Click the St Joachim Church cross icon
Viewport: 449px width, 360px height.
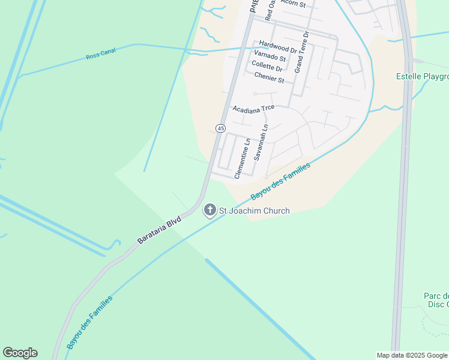[x=209, y=210]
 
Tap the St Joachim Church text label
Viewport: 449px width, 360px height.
[x=255, y=211]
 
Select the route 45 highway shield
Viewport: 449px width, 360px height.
[x=220, y=128]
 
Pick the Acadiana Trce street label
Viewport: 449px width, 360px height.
[x=253, y=109]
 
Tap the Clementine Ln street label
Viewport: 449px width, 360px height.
[x=241, y=158]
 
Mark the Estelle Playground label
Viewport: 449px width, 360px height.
[x=422, y=76]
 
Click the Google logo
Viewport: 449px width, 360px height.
[x=20, y=353]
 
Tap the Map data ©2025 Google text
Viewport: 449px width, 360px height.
[x=412, y=355]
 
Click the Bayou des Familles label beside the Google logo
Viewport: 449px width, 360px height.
[x=89, y=322]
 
